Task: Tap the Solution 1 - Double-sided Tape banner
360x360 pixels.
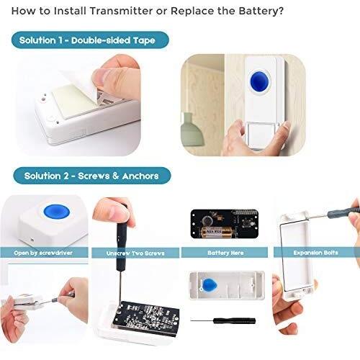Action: pyautogui.click(x=90, y=40)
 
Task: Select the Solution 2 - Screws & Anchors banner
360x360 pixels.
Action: pyautogui.click(x=91, y=176)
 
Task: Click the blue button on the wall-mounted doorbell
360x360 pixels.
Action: pyautogui.click(x=259, y=81)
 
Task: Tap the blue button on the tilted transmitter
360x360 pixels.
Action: pyautogui.click(x=57, y=212)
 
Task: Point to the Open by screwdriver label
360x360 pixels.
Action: pyautogui.click(x=43, y=253)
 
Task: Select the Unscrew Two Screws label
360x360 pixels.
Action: pyautogui.click(x=135, y=253)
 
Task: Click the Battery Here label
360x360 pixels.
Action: pyautogui.click(x=225, y=253)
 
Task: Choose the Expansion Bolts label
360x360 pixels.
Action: pyautogui.click(x=315, y=253)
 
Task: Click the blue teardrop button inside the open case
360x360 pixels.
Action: pyautogui.click(x=210, y=285)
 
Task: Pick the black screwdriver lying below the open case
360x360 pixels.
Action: pyautogui.click(x=223, y=320)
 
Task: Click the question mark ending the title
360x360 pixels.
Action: pyautogui.click(x=281, y=11)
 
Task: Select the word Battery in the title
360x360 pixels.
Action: pyautogui.click(x=258, y=11)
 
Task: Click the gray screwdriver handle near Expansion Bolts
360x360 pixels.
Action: pyautogui.click(x=343, y=212)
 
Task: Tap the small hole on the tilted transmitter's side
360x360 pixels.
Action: pyautogui.click(x=32, y=239)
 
